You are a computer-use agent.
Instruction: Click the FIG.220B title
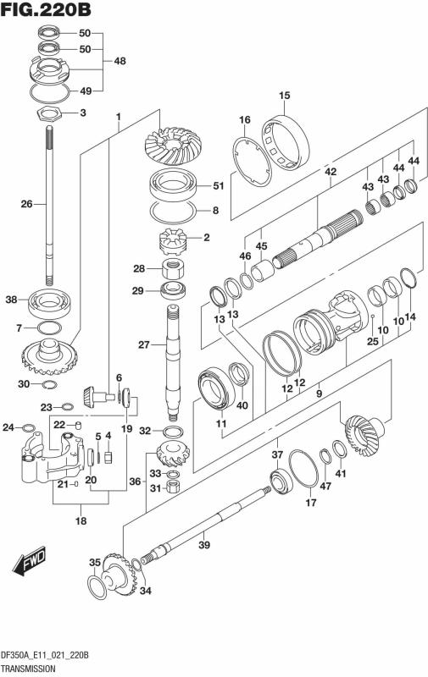46,9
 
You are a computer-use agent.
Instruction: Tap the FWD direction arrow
30,561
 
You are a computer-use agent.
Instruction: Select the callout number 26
27,203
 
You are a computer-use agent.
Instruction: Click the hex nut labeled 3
48,114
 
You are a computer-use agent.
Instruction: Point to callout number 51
219,185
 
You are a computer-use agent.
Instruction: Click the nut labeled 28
174,269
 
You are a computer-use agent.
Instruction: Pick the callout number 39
204,545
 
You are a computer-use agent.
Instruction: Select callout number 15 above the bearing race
285,96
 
